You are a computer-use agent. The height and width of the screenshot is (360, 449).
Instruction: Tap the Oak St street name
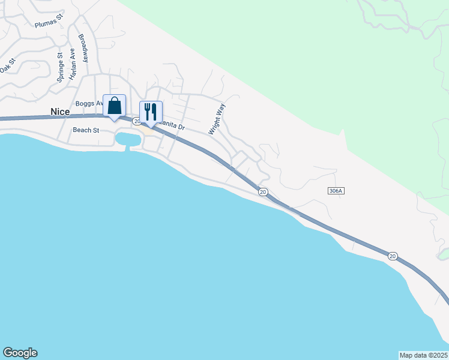(6, 64)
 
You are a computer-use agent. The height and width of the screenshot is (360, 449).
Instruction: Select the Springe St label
(60, 67)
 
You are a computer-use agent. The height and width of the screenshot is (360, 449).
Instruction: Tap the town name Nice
(60, 112)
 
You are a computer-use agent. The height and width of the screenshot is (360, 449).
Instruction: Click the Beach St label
(86, 130)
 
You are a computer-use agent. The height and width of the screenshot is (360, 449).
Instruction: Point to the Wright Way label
(216, 119)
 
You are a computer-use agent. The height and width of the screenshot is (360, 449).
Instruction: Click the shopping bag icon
(115, 106)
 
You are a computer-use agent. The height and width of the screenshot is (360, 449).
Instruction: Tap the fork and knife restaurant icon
(151, 112)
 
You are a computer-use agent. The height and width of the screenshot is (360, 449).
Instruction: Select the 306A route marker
(336, 190)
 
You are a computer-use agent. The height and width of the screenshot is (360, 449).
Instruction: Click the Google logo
(20, 353)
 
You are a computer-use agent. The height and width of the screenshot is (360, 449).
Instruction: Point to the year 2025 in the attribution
(438, 355)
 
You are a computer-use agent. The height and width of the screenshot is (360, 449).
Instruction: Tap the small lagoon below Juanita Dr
(128, 140)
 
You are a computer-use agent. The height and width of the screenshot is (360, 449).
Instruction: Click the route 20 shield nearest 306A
(263, 192)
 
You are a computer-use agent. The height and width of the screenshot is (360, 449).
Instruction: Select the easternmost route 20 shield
(393, 256)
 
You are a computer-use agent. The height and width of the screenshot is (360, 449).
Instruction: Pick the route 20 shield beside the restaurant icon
(136, 121)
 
